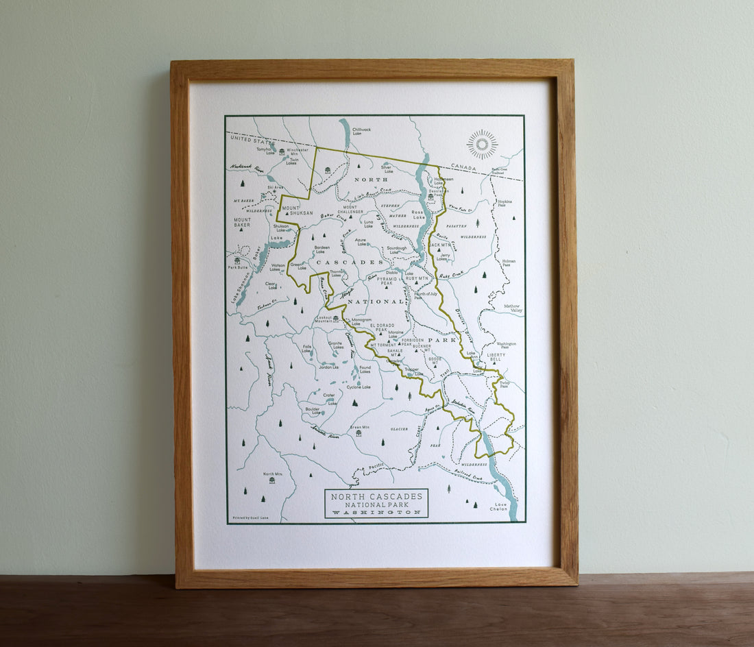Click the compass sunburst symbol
[x=482, y=144]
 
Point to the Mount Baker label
[x=242, y=222]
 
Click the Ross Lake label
[x=419, y=215]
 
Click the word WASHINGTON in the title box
[x=376, y=512]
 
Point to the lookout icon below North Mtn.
[x=272, y=480]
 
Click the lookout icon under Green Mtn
[x=358, y=433]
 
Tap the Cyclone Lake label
[x=358, y=387]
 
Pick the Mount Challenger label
[x=350, y=210]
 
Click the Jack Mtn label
[x=441, y=245]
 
